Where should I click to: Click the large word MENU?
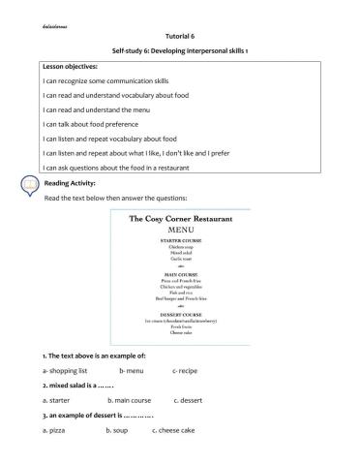(x=181, y=232)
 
